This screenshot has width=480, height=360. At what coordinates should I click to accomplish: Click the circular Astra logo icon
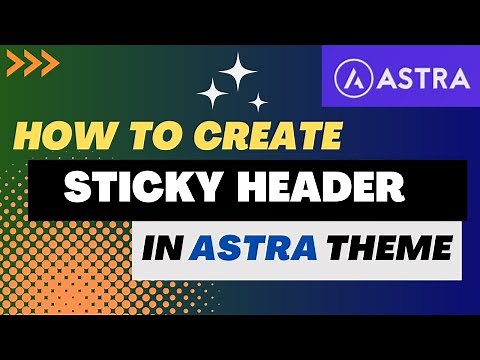(353, 76)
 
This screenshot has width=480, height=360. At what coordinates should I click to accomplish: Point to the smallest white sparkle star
(258, 102)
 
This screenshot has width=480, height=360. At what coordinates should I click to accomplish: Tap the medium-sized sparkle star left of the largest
(213, 95)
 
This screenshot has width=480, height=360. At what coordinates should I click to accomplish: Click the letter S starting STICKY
(78, 187)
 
